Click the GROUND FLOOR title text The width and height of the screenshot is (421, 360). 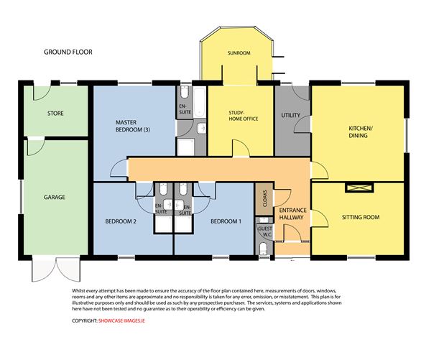click(x=68, y=52)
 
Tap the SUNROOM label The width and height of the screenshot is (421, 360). click(x=239, y=53)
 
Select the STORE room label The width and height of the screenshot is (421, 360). click(x=55, y=114)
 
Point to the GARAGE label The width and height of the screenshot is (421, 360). click(x=55, y=197)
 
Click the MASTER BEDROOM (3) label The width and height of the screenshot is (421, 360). click(x=133, y=126)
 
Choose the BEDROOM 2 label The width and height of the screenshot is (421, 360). click(x=121, y=221)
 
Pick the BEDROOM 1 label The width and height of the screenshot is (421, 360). click(x=226, y=221)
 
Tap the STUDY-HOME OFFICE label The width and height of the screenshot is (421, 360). click(x=244, y=116)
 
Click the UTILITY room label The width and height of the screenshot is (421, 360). click(x=291, y=115)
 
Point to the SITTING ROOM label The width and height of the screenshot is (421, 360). click(x=361, y=217)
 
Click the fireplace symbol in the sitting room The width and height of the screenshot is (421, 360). click(x=359, y=188)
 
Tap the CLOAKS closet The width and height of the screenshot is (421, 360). click(x=264, y=199)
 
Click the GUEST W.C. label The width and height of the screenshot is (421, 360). click(x=265, y=231)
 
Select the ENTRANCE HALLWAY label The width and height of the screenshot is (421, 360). click(x=292, y=213)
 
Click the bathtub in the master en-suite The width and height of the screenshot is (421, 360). click(x=200, y=102)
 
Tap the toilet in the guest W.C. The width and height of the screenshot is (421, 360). click(x=263, y=248)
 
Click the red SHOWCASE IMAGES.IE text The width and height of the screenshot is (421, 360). click(x=121, y=320)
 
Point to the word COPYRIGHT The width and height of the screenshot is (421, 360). click(x=84, y=320)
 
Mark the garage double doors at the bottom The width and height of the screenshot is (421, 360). click(x=56, y=269)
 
